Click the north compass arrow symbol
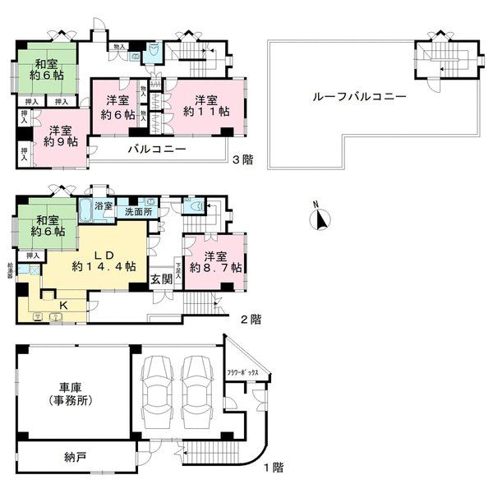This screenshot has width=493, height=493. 321,219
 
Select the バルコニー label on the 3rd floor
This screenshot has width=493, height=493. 156,150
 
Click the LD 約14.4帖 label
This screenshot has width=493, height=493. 98,260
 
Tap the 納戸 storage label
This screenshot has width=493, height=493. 74,457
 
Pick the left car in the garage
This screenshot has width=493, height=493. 156,393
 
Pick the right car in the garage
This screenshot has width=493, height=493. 196,393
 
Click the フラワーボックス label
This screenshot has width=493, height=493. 243,373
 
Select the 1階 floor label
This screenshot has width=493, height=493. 273,468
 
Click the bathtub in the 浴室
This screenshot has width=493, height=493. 88,208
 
